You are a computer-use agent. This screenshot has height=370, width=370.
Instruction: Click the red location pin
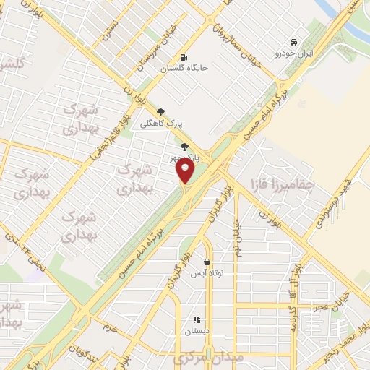(x=186, y=171)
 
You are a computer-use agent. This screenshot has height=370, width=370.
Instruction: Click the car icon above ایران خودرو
(x=293, y=43)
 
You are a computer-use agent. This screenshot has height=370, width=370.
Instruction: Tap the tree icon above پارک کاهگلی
(x=160, y=112)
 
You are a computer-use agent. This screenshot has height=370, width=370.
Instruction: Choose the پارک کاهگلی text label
(x=165, y=124)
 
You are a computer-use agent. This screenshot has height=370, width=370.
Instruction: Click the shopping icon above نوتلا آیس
(x=207, y=262)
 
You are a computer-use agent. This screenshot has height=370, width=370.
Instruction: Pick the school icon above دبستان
(x=195, y=319)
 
